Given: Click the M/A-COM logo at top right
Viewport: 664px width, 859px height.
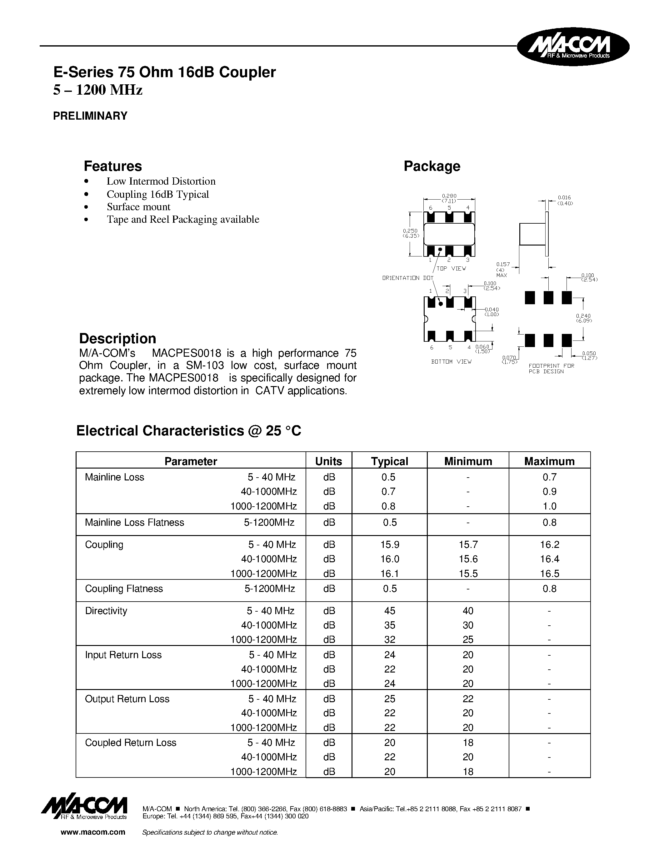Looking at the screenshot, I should click(x=573, y=47).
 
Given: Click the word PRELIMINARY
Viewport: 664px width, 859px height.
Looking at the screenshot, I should click(x=90, y=116).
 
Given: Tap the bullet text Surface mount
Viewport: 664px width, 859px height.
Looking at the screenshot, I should click(x=138, y=207).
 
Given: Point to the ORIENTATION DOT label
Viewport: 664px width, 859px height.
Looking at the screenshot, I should click(x=407, y=278).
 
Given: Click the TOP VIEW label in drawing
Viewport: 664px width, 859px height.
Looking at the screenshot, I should click(x=451, y=268).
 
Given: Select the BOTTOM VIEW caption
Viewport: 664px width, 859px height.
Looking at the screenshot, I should click(x=451, y=361).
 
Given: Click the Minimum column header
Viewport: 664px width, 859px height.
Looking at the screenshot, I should click(x=468, y=461).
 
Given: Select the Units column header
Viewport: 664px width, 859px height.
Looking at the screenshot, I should click(x=328, y=461).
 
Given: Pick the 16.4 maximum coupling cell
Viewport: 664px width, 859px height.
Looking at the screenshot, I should click(x=549, y=559).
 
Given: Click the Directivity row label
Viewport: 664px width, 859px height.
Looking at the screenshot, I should click(x=106, y=611).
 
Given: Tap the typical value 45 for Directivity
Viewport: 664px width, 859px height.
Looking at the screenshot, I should click(x=389, y=611).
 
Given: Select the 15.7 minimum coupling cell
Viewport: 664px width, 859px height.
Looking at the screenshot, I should click(x=468, y=545).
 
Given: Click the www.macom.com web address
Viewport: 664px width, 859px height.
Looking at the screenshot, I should click(x=93, y=832).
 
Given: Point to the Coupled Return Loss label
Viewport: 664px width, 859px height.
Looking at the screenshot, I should click(x=131, y=742).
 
